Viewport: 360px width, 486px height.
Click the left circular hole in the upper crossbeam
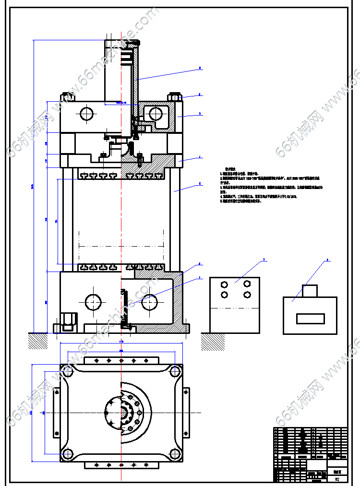pos(87,114)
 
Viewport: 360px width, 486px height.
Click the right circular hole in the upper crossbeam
pos(156,114)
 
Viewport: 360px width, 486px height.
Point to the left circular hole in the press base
pos(93,302)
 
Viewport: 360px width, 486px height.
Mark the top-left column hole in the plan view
pos(66,370)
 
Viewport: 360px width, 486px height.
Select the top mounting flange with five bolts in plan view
pos(121,360)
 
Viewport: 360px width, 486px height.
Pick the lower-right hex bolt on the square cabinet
pos(247,295)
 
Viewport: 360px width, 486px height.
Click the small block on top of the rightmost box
pos(310,291)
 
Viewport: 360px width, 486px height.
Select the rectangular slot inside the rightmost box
pos(310,318)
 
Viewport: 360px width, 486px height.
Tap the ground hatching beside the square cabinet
pos(209,341)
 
